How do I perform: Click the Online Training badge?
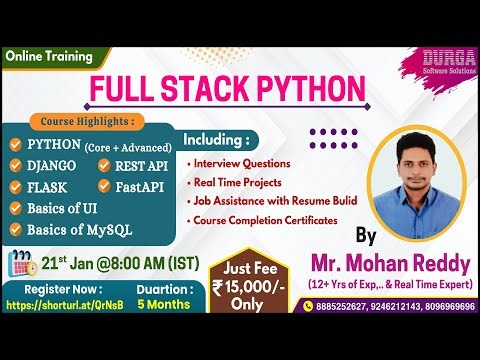(x=50, y=58)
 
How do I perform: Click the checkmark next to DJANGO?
(x=16, y=165)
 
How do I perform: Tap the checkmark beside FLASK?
(x=16, y=187)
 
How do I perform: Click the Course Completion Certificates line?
(x=264, y=220)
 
